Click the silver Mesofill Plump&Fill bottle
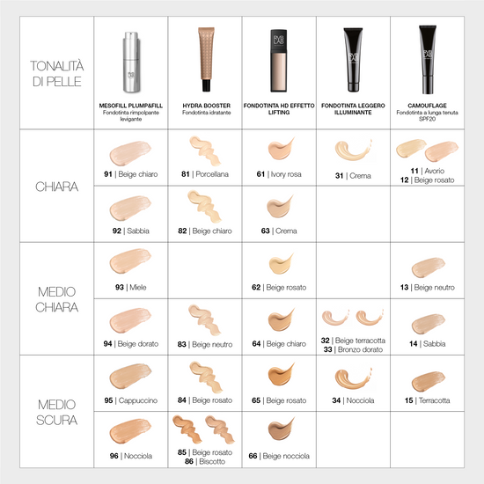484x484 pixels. point(131,62)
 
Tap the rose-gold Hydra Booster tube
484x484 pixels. point(206,59)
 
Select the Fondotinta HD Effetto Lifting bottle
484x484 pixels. point(279,61)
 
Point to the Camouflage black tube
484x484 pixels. point(428,60)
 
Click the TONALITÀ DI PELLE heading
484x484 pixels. point(57,73)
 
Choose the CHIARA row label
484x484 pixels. point(57,187)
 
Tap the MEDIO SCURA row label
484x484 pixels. point(57,412)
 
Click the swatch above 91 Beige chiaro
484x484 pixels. point(130,153)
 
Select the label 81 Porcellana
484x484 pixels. point(205,174)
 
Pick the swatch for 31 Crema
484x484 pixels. point(353,150)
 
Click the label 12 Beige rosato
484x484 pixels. point(427,180)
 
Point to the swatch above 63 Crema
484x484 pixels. point(280,206)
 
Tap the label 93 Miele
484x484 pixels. point(131,288)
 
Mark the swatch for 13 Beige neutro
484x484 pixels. point(429,268)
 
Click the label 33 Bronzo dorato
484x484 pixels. point(353,349)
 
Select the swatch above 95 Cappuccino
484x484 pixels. point(130,376)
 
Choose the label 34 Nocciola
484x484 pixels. point(353,400)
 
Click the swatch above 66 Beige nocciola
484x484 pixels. point(281,429)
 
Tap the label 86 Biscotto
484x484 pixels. point(205,461)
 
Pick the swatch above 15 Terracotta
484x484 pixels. point(429,381)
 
